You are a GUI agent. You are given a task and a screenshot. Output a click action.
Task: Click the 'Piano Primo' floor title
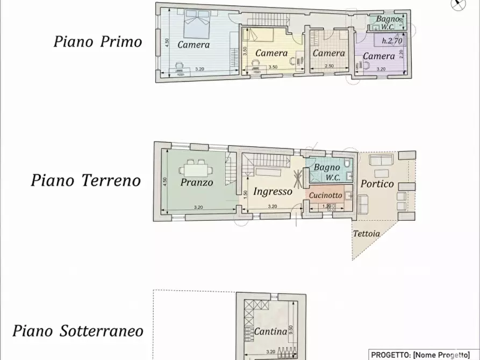[x=97, y=42]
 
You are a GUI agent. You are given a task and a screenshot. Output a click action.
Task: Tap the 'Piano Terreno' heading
[x=85, y=180]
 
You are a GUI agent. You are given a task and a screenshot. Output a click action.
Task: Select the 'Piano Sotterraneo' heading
[x=78, y=330]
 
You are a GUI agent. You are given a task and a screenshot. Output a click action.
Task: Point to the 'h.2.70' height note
[x=391, y=40]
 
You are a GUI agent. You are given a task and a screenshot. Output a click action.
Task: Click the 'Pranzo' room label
[x=197, y=183]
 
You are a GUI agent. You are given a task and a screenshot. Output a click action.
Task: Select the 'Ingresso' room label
[x=273, y=191]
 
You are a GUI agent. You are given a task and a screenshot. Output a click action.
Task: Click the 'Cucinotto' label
[x=325, y=196]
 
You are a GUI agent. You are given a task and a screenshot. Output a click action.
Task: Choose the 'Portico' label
[x=377, y=184]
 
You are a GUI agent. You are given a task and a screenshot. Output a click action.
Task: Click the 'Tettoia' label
[x=366, y=234]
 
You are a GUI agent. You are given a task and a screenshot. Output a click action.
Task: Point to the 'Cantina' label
[x=270, y=332]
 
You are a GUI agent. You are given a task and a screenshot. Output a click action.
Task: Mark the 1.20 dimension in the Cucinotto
[x=326, y=206]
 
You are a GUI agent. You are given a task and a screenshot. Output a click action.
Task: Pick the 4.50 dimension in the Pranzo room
[x=166, y=182]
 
